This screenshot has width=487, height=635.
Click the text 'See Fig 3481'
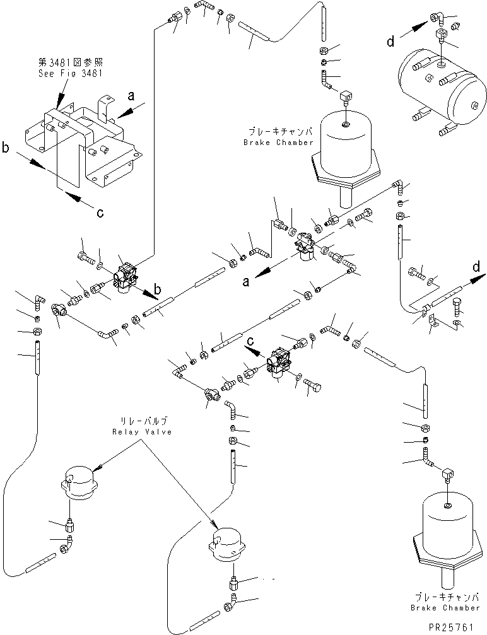(x=71, y=73)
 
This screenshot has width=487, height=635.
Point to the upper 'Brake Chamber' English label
(x=278, y=143)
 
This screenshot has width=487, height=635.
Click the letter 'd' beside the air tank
(x=391, y=42)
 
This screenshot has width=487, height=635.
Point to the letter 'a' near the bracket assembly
(x=131, y=96)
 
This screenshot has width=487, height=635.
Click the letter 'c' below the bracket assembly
(x=100, y=213)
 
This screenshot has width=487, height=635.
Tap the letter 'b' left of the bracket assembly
(x=6, y=149)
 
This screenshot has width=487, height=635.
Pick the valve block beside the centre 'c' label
(x=279, y=363)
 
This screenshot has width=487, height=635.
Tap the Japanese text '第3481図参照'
(x=71, y=62)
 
